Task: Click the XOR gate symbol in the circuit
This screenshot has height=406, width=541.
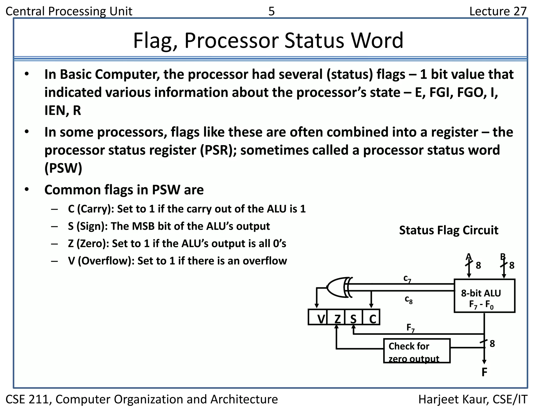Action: tap(338, 287)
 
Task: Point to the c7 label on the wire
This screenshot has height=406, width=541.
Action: tap(407, 279)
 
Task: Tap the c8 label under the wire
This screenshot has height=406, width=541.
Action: tap(408, 299)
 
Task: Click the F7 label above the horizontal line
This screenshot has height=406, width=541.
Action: tap(410, 328)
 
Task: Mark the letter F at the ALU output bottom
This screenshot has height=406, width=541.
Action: tap(484, 372)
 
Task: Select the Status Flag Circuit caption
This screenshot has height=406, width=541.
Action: tap(448, 230)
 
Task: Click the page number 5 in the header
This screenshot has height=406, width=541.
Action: tap(271, 11)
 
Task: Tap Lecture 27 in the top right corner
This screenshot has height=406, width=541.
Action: tap(498, 11)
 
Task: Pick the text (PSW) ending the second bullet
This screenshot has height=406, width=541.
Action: tap(63, 168)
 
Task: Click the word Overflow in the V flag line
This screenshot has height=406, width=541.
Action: tap(106, 261)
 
